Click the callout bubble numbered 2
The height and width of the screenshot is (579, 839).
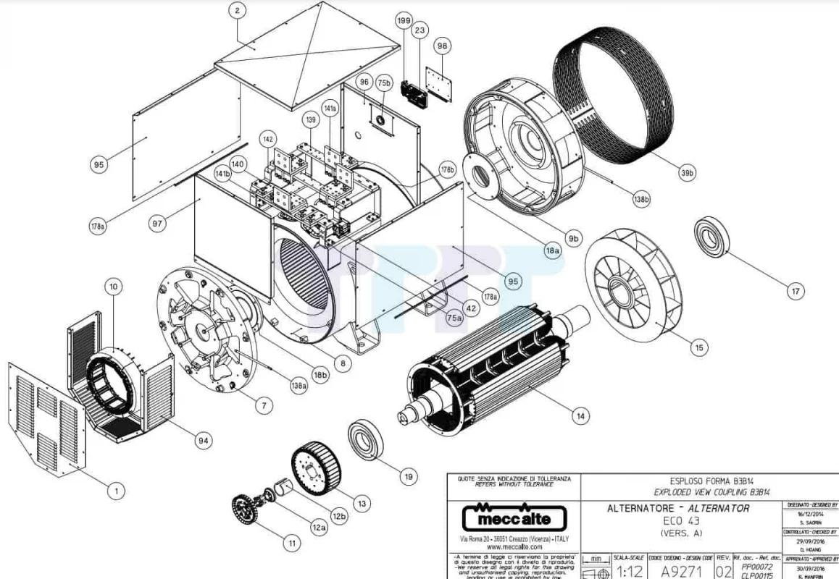point(237,10)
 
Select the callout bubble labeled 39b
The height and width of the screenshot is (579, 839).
point(686,174)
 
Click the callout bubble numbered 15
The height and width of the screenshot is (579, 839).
point(698,348)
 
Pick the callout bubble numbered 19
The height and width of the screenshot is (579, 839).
point(409,476)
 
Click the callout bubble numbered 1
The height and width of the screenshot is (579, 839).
point(114,491)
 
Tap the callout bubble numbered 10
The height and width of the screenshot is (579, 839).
point(114,287)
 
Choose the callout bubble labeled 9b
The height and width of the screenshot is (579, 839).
point(574,238)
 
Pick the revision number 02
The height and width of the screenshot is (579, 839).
point(722,572)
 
